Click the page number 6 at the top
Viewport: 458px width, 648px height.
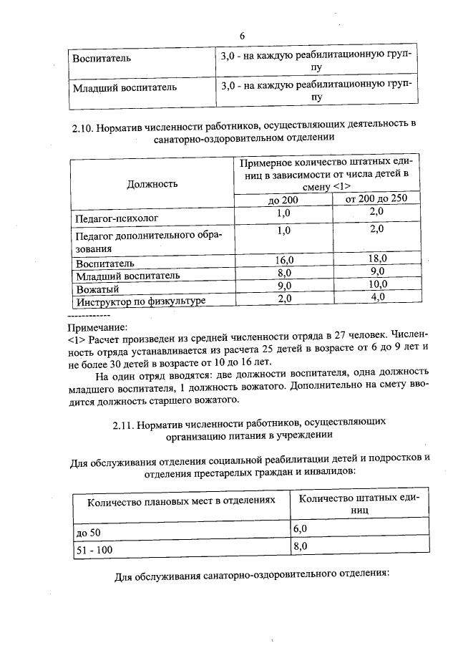coord(242,36)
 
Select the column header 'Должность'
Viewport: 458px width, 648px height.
coord(152,184)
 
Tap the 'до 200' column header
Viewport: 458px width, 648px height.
coord(283,200)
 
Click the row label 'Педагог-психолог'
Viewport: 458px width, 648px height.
coord(116,216)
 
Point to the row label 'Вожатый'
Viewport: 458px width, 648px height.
coord(97,289)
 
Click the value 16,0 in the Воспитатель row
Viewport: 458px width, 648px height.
coord(283,259)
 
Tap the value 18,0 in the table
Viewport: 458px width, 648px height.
coord(376,258)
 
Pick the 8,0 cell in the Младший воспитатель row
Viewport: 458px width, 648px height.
coord(283,273)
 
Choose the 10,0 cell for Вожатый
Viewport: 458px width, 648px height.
coord(376,286)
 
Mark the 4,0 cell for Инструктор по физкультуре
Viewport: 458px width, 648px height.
coord(377,298)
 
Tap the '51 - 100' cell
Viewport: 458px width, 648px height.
coord(93,550)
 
